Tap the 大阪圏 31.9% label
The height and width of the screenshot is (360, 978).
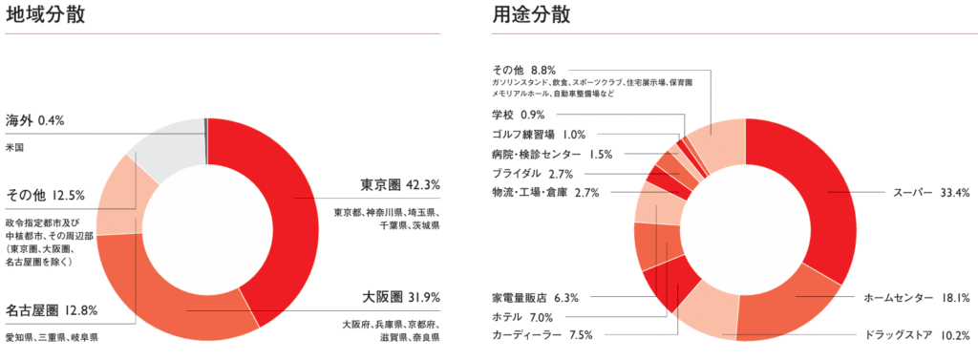400,295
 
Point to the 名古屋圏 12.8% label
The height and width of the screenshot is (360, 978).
50,309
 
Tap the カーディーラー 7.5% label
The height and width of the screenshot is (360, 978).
542,335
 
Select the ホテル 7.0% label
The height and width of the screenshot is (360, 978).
523,317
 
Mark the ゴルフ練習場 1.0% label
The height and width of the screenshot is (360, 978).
539,135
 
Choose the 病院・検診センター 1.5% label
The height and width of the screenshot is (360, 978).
552,155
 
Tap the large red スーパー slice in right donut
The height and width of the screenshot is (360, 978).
812,191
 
